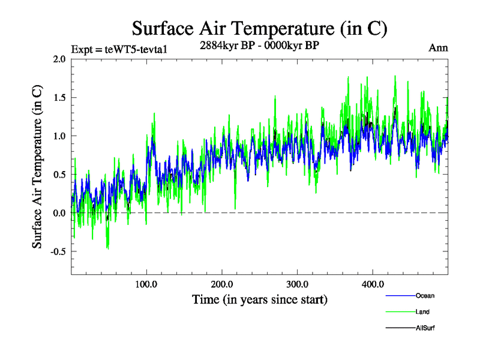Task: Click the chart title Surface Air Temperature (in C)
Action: tap(259, 28)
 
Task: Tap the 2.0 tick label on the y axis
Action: tap(59, 59)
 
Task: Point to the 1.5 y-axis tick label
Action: tap(59, 97)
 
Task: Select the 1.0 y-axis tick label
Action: tap(59, 136)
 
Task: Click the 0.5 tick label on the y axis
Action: tap(59, 175)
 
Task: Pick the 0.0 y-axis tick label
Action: tap(59, 213)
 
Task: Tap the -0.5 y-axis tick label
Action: tap(58, 251)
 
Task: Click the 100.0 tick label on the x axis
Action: tap(147, 284)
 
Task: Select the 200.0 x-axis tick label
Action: tap(222, 284)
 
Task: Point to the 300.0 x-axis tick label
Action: tap(298, 284)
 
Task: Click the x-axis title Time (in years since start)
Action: tap(260, 299)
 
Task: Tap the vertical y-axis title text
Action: tap(37, 166)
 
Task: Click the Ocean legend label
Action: tap(425, 296)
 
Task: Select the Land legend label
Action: tap(423, 312)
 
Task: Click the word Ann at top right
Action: tap(438, 48)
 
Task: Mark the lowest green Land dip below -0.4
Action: tap(107, 248)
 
